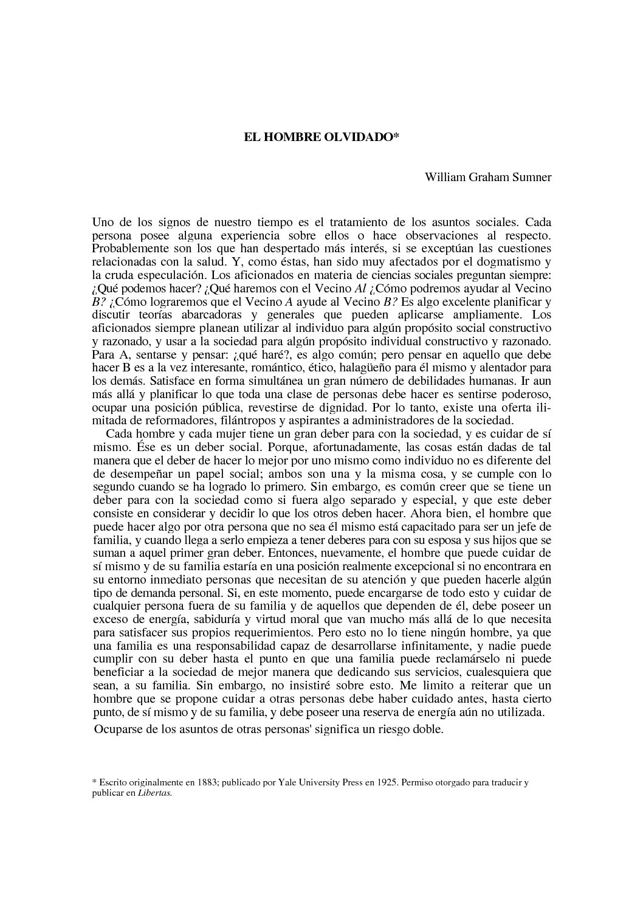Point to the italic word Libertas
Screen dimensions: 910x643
(155, 793)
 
